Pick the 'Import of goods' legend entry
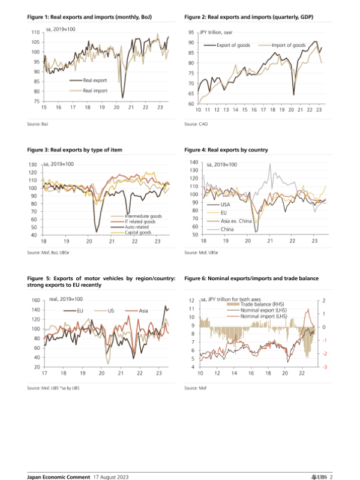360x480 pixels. (x=288, y=45)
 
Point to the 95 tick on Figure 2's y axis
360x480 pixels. (x=190, y=32)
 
